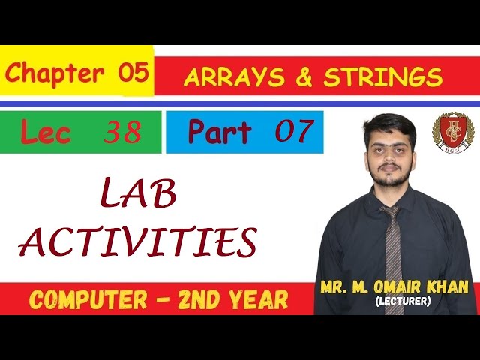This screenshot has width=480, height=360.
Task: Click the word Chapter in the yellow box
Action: point(55,73)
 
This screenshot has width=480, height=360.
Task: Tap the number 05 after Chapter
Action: point(133,73)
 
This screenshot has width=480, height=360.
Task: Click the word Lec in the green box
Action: point(46,133)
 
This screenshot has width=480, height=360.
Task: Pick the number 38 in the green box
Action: point(122,133)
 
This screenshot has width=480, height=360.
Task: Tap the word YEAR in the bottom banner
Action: point(252,300)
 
